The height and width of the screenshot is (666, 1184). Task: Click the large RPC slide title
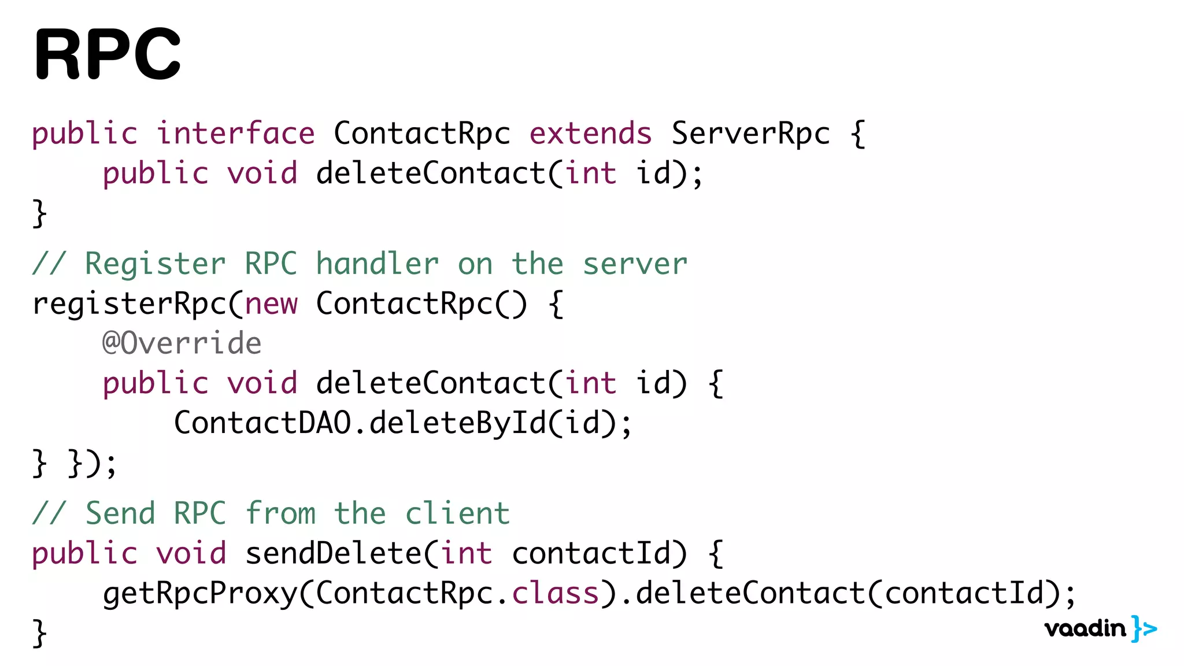click(x=108, y=54)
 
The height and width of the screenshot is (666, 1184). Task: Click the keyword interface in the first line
click(x=236, y=134)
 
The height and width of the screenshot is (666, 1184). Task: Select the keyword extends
click(x=590, y=134)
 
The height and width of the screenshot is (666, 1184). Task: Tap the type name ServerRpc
click(x=750, y=134)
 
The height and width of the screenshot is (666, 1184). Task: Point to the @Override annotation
click(x=182, y=343)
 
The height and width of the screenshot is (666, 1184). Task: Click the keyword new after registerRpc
click(x=271, y=304)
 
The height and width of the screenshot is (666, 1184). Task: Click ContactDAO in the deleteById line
click(x=262, y=423)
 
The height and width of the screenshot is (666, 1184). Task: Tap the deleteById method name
click(x=457, y=423)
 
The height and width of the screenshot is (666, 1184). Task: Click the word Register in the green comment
click(x=155, y=264)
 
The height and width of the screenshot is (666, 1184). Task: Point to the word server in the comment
click(x=635, y=264)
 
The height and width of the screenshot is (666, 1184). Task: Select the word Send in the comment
click(x=120, y=513)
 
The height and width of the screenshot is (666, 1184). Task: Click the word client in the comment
click(x=457, y=513)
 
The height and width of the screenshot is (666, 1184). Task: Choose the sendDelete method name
click(x=334, y=553)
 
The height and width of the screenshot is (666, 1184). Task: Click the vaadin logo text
click(x=1085, y=628)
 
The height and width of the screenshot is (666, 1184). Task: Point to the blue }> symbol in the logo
click(x=1144, y=628)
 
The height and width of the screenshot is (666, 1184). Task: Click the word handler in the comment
click(x=378, y=264)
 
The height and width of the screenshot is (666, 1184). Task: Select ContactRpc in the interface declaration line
click(x=422, y=134)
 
